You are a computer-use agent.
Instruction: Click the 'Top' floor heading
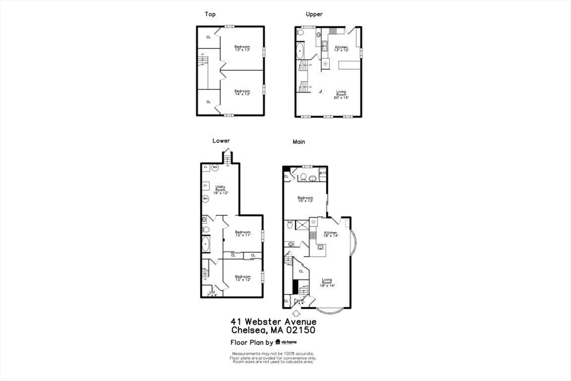[210, 15]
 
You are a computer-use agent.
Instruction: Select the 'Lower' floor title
[221, 141]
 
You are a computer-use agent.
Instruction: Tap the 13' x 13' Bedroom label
[242, 48]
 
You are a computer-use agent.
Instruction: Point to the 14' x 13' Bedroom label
[242, 93]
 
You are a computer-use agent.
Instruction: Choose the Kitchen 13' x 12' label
[341, 49]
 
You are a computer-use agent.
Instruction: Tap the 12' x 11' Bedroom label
[243, 233]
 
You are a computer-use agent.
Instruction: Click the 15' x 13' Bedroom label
[305, 199]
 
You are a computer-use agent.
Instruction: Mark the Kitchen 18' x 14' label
[331, 234]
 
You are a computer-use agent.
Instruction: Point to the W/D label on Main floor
[323, 173]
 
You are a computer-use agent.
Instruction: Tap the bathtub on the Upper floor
[300, 51]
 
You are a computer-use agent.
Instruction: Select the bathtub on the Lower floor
[206, 244]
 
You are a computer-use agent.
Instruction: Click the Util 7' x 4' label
[212, 293]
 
